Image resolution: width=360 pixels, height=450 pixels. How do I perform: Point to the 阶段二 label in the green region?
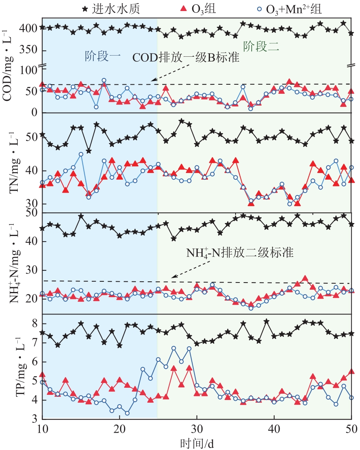click(x=261, y=47)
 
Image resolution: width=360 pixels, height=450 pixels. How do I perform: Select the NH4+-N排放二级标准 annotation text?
click(x=240, y=253)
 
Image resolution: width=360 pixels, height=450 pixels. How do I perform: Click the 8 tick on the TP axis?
click(x=34, y=324)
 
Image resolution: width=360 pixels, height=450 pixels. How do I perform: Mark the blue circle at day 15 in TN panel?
click(x=81, y=154)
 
